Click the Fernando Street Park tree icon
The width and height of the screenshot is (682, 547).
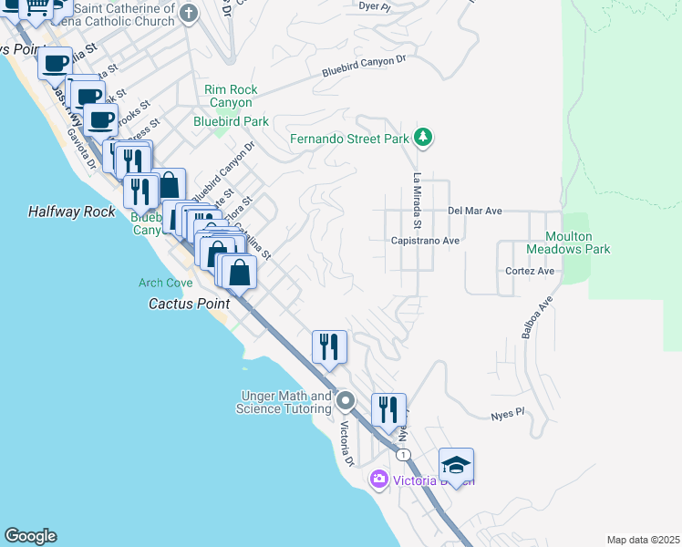[422, 139]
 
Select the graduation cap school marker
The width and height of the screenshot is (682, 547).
[456, 465]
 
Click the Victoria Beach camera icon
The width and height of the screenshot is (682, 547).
[378, 479]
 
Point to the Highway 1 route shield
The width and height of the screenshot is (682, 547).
[402, 454]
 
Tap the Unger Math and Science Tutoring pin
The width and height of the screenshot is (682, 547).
[346, 401]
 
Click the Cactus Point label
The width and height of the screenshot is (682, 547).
[190, 304]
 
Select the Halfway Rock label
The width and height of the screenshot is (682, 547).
[72, 212]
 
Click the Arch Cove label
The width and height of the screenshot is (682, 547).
[165, 284]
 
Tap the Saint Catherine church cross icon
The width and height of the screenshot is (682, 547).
[189, 13]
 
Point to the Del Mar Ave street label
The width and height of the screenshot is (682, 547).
[475, 211]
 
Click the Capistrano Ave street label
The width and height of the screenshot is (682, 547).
[425, 241]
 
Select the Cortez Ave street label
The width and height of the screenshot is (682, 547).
[530, 271]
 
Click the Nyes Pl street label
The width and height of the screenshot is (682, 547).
[508, 412]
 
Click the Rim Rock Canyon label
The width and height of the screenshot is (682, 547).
[231, 96]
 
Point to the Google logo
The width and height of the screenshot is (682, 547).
[30, 536]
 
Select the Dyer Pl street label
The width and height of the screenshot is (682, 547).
[374, 6]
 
